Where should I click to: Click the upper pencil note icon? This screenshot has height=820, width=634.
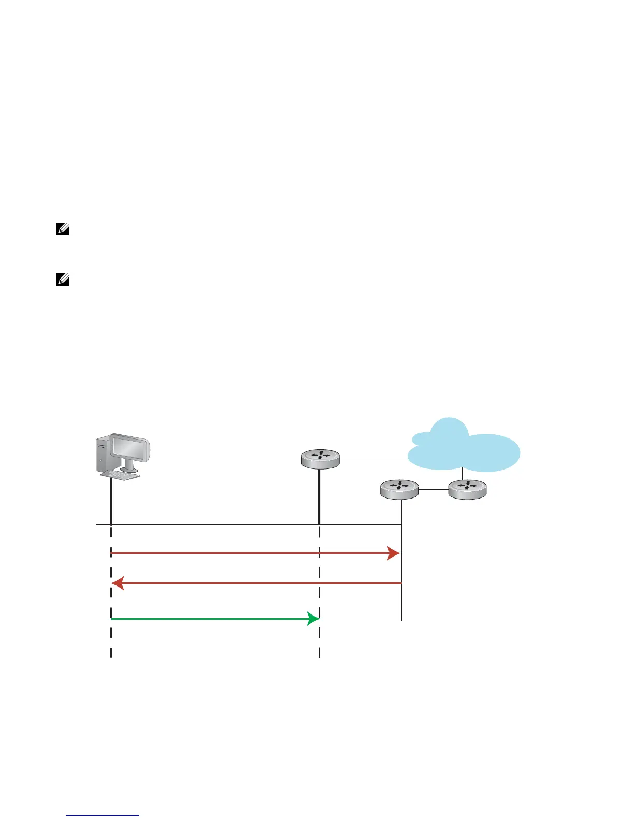tap(63, 229)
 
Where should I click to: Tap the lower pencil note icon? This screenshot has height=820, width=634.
tap(63, 281)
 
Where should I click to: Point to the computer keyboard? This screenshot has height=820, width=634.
tap(121, 475)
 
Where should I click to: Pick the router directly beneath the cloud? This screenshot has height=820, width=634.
tap(467, 489)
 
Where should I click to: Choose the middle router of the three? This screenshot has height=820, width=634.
tap(399, 489)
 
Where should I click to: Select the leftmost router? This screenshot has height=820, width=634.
tap(320, 459)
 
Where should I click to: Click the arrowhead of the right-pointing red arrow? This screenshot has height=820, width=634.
tap(394, 553)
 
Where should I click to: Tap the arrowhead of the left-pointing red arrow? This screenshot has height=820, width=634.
tap(118, 583)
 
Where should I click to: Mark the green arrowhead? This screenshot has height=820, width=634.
tap(313, 618)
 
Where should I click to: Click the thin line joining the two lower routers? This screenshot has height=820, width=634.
tap(433, 489)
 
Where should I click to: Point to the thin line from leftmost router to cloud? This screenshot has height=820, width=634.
tap(373, 458)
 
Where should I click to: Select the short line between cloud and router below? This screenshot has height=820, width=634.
tap(462, 475)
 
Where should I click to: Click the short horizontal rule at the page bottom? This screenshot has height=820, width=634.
tap(103, 816)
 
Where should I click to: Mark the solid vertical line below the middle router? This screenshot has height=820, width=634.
tap(401, 569)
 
